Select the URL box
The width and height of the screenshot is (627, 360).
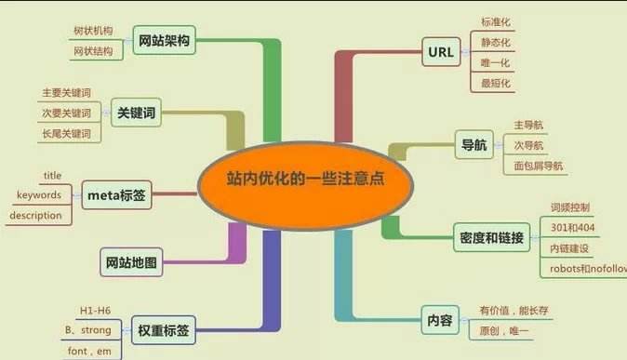click(x=440, y=52)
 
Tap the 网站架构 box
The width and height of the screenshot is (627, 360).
click(x=165, y=40)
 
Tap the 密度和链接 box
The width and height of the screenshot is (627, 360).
click(x=491, y=237)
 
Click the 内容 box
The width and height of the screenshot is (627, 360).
click(x=440, y=320)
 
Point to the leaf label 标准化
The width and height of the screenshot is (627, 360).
click(x=496, y=22)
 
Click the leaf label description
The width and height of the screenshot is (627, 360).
click(x=35, y=216)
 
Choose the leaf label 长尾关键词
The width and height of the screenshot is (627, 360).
click(x=66, y=134)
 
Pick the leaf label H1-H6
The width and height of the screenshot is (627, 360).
click(x=94, y=310)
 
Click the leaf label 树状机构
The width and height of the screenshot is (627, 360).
click(x=93, y=31)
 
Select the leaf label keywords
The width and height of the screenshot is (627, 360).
click(x=39, y=195)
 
